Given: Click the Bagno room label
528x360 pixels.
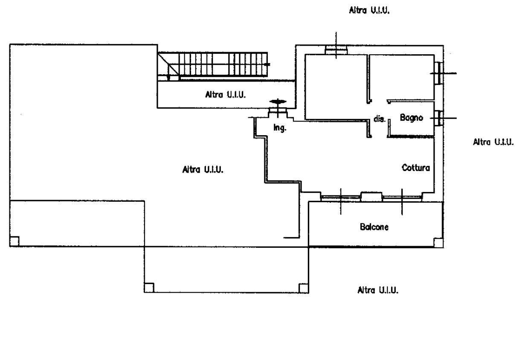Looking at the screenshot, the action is tap(411, 118).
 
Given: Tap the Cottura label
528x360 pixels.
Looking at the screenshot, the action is tap(416, 168).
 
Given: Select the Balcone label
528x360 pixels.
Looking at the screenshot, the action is tap(374, 227).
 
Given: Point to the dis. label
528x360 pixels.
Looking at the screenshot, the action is tap(379, 119).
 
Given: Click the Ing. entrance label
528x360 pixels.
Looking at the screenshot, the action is tap(280, 128).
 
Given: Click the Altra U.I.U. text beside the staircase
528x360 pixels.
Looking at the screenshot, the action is tap(225, 95).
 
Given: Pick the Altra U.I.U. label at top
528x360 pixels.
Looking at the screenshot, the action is tap(369, 10).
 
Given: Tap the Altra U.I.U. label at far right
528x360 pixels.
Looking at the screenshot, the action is tap(493, 142).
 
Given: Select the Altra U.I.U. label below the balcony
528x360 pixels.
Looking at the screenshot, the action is tap(378, 290).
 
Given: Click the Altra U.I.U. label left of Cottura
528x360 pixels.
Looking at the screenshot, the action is tap(203, 169).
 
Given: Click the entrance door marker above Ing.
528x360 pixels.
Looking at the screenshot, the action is tap(278, 102).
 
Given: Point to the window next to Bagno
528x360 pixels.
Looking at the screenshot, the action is tap(439, 118).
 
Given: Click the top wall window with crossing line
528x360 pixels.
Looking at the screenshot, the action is tap(336, 50).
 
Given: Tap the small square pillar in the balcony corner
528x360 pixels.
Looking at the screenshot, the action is tap(438, 243).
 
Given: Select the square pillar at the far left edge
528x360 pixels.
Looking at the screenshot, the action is tap(15, 241).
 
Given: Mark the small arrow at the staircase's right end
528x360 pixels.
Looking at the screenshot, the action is tap(267, 64).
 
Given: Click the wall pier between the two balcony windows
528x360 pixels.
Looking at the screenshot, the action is tap(371, 197).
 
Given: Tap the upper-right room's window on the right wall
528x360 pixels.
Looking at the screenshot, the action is tap(439, 73).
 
